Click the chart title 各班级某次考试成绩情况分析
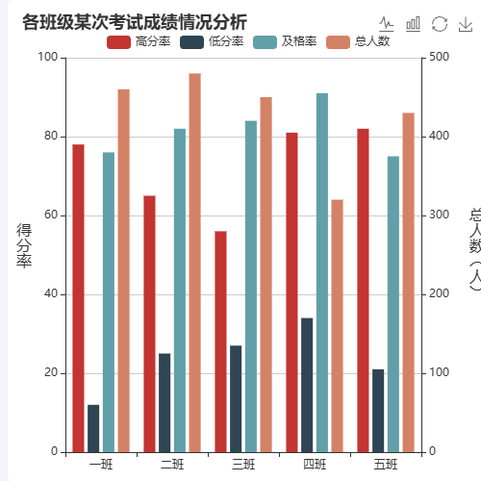pyautogui.click(x=135, y=22)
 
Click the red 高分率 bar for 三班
pyautogui.click(x=220, y=342)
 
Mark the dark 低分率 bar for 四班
pyautogui.click(x=307, y=385)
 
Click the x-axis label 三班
pyautogui.click(x=243, y=466)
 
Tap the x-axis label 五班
pyautogui.click(x=386, y=466)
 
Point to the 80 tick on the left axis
pyautogui.click(x=52, y=137)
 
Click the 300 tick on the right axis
pyautogui.click(x=439, y=215)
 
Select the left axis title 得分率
pyautogui.click(x=25, y=245)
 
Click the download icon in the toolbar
pyautogui.click(x=466, y=23)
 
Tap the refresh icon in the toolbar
pyautogui.click(x=440, y=23)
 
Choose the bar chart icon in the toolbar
pyautogui.click(x=414, y=23)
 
